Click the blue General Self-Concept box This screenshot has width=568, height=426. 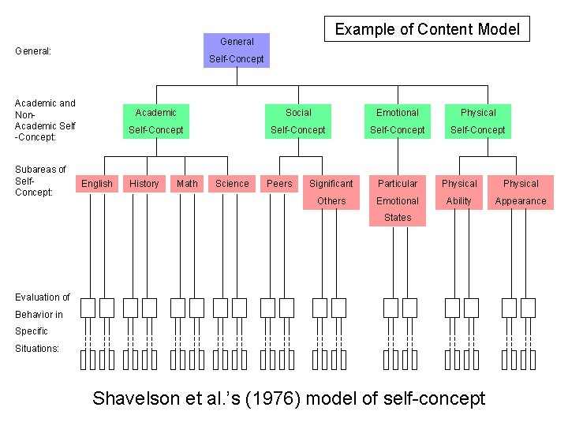237,50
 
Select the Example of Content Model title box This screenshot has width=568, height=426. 427,29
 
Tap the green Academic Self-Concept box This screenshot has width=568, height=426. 155,121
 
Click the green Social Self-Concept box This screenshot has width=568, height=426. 298,121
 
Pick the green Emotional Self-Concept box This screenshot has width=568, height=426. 397,121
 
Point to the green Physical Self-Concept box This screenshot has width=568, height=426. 478,121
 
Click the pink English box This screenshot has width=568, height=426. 97,184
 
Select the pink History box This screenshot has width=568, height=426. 144,184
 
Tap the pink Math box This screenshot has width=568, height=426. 187,184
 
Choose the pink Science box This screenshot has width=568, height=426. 232,184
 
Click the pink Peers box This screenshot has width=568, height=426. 279,184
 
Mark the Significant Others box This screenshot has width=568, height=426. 331,192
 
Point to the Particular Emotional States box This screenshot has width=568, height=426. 397,200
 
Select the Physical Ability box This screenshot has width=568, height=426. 459,192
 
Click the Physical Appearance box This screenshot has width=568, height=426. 521,192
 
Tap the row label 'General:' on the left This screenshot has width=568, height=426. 33,51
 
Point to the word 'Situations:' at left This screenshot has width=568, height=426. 37,348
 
